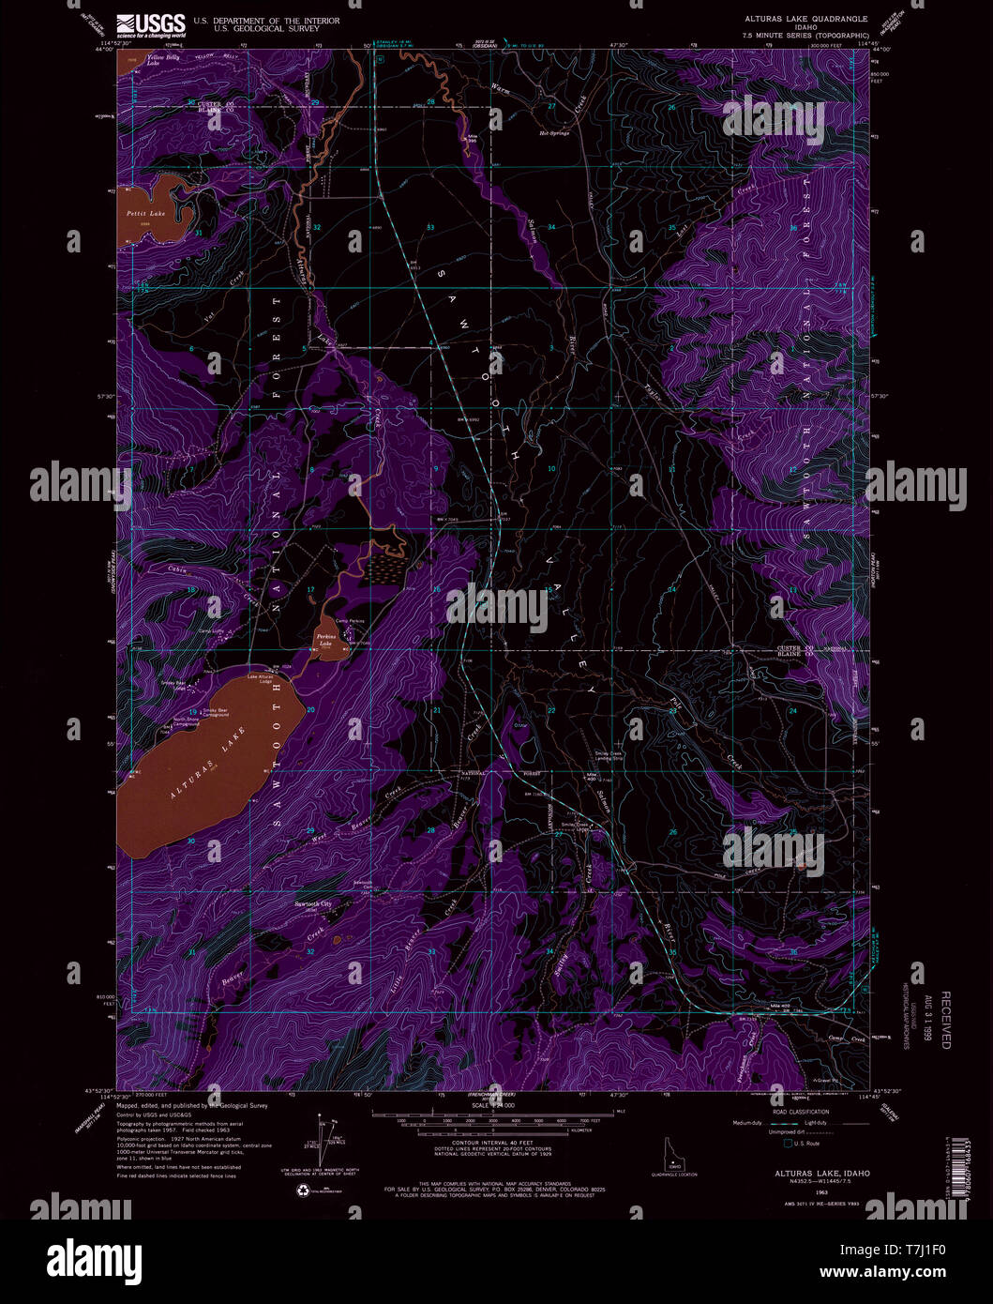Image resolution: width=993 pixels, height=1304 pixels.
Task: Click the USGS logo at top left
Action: tap(150, 24)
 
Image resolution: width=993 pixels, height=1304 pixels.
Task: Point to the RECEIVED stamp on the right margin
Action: tap(945, 1020)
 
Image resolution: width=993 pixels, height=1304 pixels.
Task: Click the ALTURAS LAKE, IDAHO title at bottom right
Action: tap(808, 1173)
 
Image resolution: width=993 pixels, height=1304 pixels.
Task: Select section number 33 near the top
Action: tap(430, 228)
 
